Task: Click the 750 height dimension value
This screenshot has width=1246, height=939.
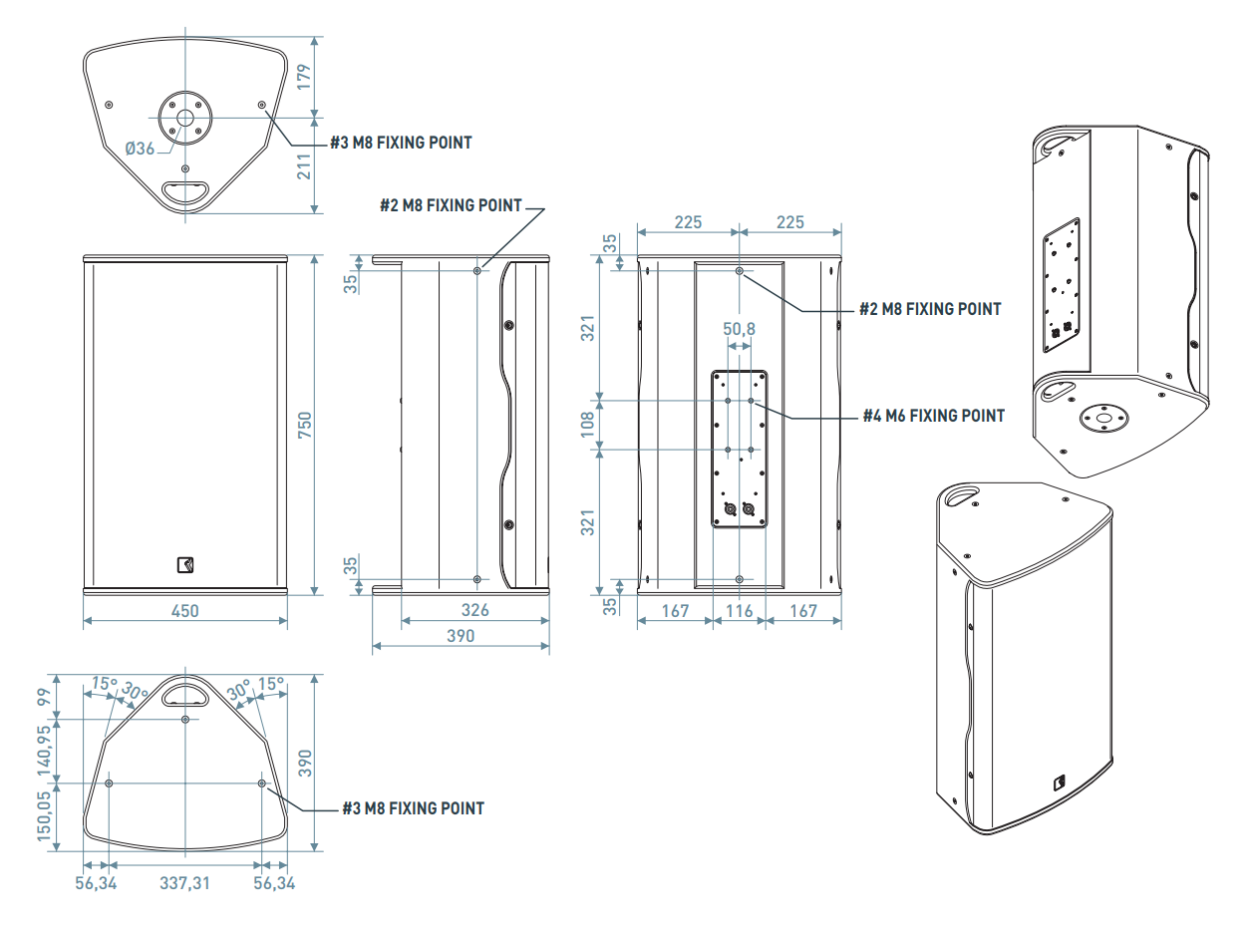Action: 306,426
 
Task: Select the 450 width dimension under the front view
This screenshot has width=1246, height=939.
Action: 185,610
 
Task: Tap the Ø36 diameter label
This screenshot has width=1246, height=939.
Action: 140,149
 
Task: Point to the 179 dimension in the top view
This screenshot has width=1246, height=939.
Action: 306,77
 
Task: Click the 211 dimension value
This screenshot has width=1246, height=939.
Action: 306,165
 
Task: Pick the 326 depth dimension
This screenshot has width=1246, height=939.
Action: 475,610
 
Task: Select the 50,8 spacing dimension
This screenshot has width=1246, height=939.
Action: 739,328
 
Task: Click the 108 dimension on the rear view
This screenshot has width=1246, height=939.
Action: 588,426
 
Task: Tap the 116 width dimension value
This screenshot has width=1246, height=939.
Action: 739,610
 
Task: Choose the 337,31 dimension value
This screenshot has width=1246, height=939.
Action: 185,883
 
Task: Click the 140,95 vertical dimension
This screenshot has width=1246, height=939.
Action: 44,751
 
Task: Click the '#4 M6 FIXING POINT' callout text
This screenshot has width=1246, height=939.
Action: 933,415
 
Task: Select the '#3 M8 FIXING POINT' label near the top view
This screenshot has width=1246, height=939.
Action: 401,143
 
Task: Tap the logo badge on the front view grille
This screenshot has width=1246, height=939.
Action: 185,565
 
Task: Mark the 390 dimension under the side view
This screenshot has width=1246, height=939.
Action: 461,636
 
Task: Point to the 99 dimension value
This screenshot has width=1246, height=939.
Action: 44,696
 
